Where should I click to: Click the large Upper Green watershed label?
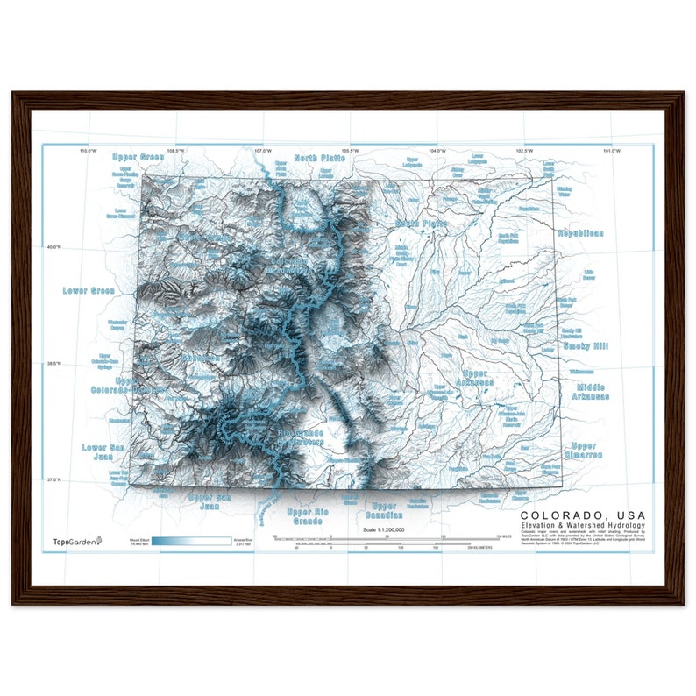click(x=138, y=158)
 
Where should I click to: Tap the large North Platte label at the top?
click(x=320, y=158)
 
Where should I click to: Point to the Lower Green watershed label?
click(x=89, y=290)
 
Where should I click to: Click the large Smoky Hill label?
click(x=586, y=346)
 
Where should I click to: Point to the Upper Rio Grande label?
click(x=308, y=516)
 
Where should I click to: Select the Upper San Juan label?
click(x=209, y=501)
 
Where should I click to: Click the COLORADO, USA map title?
click(x=583, y=515)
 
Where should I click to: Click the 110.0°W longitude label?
click(x=87, y=152)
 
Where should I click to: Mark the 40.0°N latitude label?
click(x=53, y=247)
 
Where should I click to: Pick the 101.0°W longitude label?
click(x=612, y=152)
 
